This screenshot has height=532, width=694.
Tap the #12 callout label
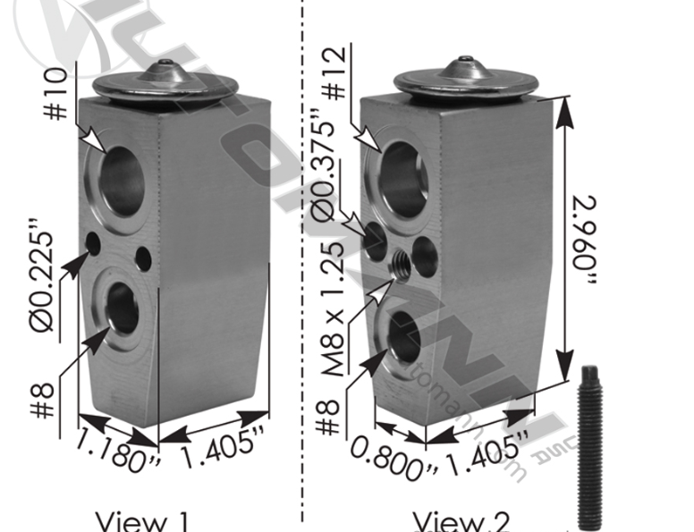coord(334,80)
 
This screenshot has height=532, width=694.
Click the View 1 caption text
coord(142,521)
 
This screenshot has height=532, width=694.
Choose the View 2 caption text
coord(461,521)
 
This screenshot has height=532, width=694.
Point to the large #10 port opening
coord(123,182)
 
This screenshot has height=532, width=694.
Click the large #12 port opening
coord(403,180)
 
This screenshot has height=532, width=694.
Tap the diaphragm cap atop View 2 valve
coord(465,77)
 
